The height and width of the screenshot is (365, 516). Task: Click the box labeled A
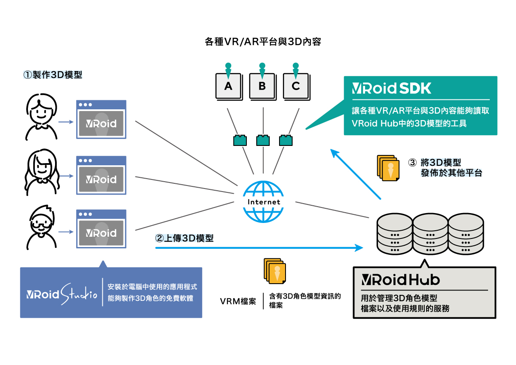pos(228,86)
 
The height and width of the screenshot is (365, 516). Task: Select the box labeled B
pos(262,86)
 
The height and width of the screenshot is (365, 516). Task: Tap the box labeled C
pos(295,86)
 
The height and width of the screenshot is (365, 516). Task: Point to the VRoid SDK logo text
pos(391,88)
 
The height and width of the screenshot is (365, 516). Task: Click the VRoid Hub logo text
pos(400,280)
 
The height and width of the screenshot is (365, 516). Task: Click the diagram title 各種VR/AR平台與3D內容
pos(263,42)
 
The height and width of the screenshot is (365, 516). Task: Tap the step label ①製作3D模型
pos(52,74)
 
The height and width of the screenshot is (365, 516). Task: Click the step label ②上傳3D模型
pos(184,238)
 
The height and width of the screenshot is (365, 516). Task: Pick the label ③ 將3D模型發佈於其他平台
pos(445,168)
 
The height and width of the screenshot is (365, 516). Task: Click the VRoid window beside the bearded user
pos(101,229)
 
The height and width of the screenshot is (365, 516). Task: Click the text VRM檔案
pos(238,301)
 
